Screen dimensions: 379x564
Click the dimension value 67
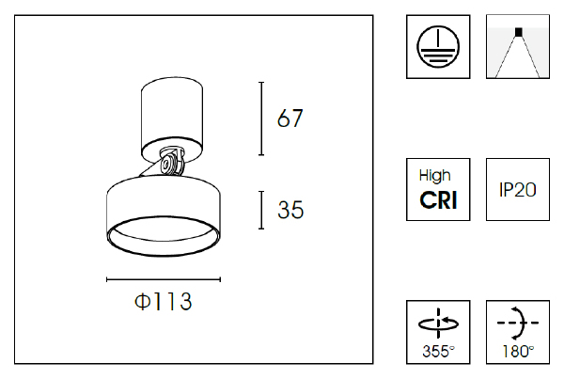[290, 118]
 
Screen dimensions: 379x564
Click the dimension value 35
[290, 211]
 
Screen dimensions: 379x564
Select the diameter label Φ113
[164, 302]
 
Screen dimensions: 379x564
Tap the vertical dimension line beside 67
[261, 118]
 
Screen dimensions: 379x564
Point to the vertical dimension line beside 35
[261, 211]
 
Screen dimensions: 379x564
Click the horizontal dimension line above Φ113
[164, 279]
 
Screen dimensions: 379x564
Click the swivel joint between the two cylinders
[171, 164]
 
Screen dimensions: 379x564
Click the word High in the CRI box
[435, 175]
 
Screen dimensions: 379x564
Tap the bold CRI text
[437, 199]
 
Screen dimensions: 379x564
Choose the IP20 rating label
[517, 189]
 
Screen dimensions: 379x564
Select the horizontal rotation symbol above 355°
[437, 324]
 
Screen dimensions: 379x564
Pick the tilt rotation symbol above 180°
[517, 323]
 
